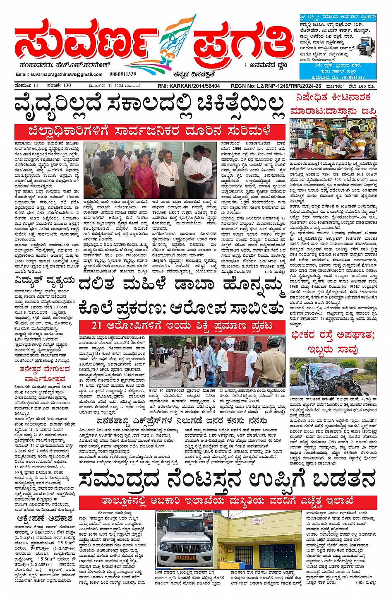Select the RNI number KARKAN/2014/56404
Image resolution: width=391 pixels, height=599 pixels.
click(x=189, y=86)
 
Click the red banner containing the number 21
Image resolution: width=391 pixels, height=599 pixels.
click(x=182, y=326)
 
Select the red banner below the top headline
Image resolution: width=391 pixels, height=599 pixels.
click(x=149, y=132)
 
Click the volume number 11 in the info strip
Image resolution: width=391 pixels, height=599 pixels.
click(x=36, y=86)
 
